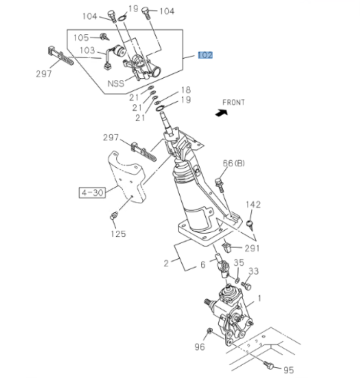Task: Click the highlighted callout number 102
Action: (205, 55)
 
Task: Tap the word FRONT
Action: (234, 102)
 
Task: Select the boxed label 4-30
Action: (92, 192)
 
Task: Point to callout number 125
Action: (118, 234)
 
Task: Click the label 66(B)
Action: (234, 163)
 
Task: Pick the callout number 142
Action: (253, 205)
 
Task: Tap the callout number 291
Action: (252, 248)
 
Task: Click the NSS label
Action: (116, 83)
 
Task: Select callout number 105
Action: (81, 37)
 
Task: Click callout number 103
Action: (87, 50)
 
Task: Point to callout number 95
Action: (289, 370)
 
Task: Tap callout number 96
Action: (200, 347)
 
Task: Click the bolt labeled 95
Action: (268, 365)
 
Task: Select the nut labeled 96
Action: (209, 332)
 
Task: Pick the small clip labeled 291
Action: (227, 249)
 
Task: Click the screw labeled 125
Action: (114, 217)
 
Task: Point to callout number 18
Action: (185, 90)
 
